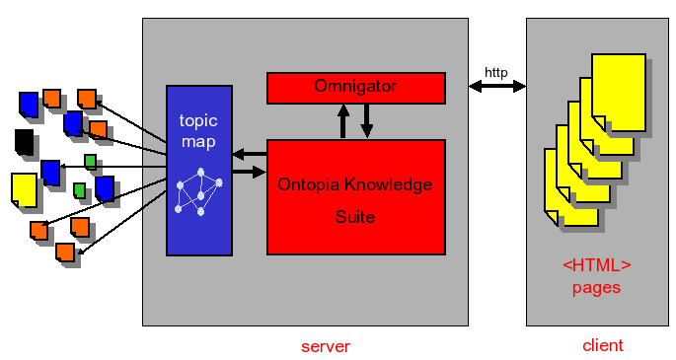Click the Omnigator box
click(355, 87)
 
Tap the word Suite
click(354, 216)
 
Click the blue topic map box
click(199, 170)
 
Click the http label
click(496, 73)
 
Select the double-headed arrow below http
click(497, 88)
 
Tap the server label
click(325, 346)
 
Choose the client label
click(602, 345)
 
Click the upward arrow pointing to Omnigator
click(343, 121)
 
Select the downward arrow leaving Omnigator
click(366, 121)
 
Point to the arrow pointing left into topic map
click(249, 153)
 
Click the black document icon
click(24, 141)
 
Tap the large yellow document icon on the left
click(24, 189)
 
